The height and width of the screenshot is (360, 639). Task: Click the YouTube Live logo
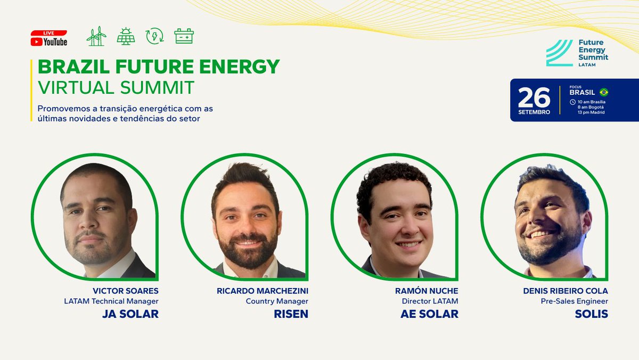(49, 38)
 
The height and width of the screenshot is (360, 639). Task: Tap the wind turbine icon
(96, 36)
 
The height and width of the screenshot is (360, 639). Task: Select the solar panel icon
(126, 36)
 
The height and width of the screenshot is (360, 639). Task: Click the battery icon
(184, 36)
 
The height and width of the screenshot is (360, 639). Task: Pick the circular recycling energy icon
(155, 36)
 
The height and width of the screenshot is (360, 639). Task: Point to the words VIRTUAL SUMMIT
(116, 87)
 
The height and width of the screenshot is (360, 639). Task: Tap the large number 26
(534, 97)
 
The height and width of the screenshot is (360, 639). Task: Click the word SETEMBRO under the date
(534, 112)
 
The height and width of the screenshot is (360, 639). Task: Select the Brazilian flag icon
(603, 92)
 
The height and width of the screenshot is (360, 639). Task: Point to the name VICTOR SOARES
(126, 291)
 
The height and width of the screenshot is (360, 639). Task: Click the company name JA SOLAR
(130, 314)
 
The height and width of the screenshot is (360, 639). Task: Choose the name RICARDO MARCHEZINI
(263, 291)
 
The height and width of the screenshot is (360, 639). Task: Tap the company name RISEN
(292, 314)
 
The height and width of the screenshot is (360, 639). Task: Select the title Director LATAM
(430, 301)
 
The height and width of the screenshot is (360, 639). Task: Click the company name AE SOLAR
(429, 314)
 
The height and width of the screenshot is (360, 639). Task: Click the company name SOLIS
(591, 314)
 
